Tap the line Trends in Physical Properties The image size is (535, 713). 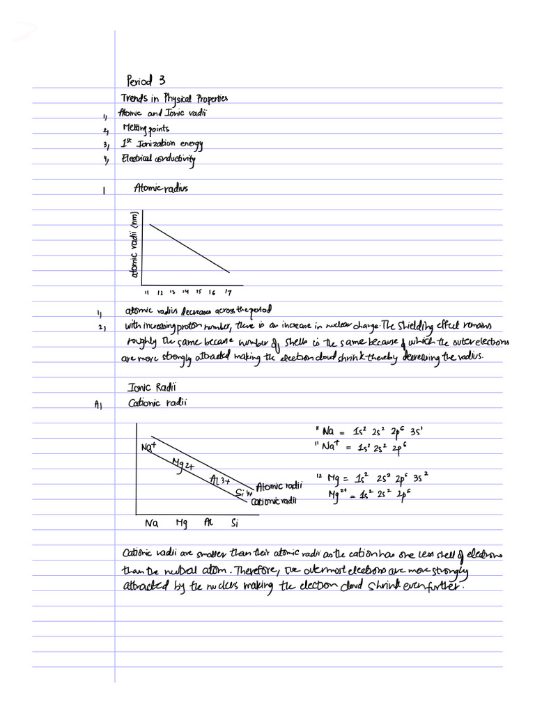[x=174, y=98]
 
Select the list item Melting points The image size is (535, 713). [x=146, y=129]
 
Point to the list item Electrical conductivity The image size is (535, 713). [x=159, y=159]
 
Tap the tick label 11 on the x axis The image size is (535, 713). [x=148, y=292]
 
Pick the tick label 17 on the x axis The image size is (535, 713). [x=228, y=292]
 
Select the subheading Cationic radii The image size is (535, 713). [x=155, y=402]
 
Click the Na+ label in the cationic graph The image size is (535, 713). [x=148, y=446]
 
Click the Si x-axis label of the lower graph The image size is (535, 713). [x=234, y=522]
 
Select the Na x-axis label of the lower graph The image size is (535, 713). [x=151, y=522]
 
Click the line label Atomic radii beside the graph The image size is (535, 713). [x=279, y=487]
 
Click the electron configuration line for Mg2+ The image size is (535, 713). [x=377, y=495]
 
